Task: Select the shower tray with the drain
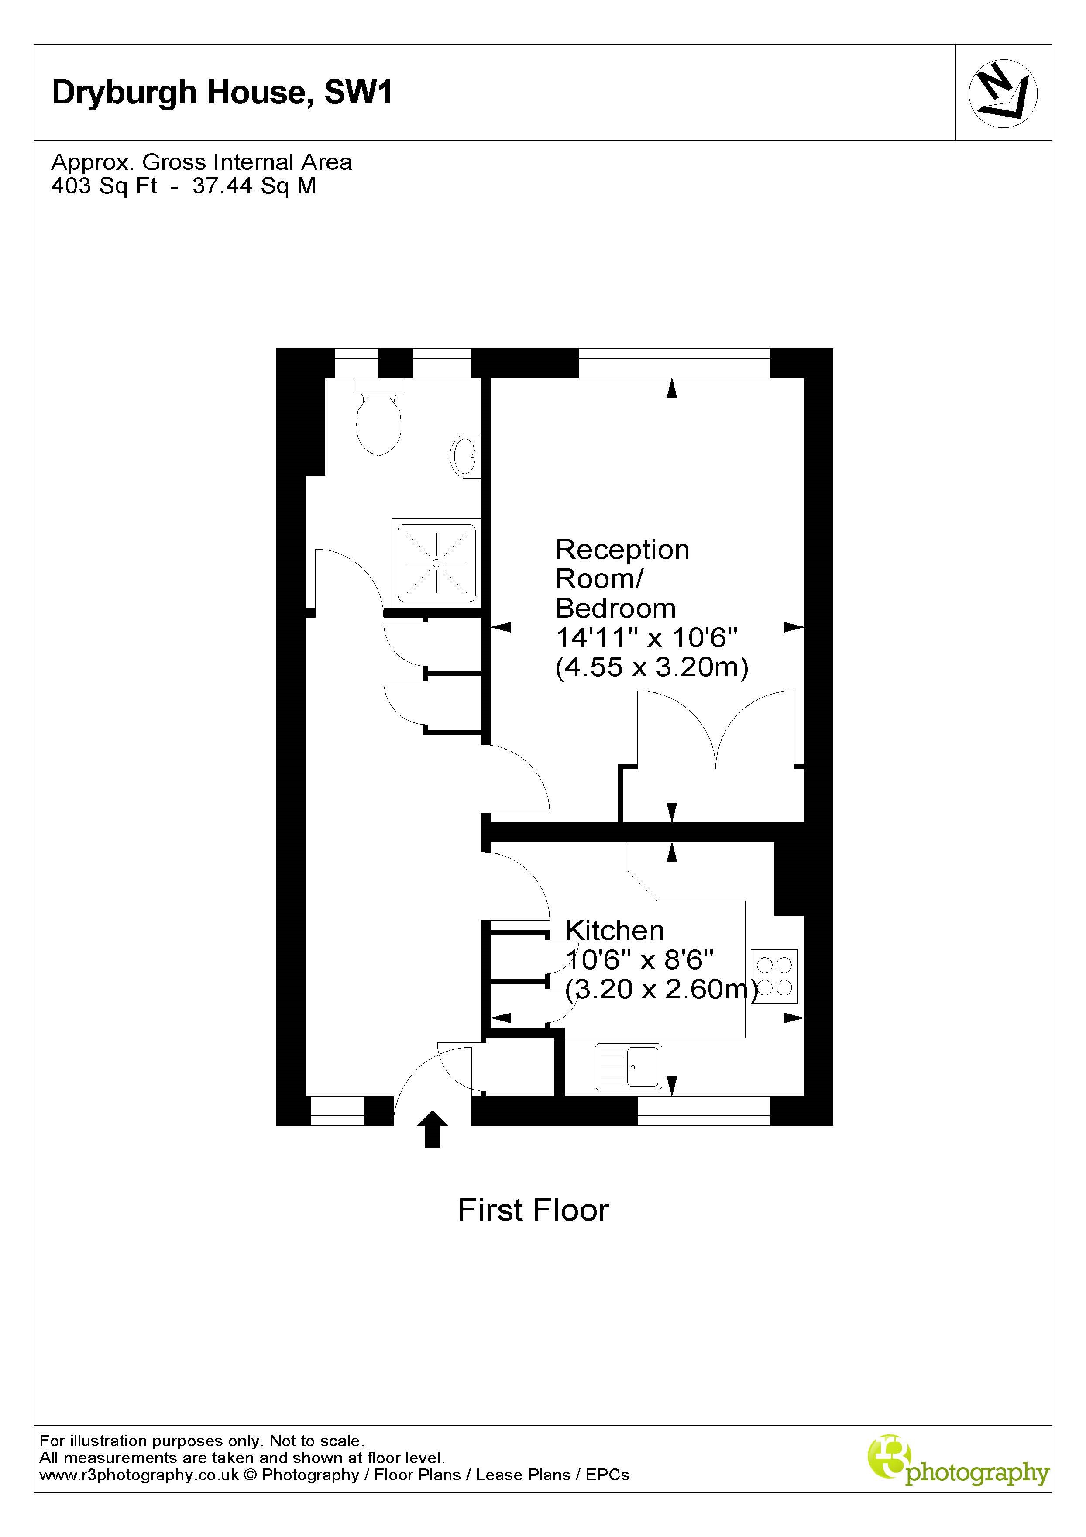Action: (436, 562)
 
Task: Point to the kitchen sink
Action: (628, 1066)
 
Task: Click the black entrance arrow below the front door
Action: (433, 1129)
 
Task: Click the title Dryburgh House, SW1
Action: (222, 93)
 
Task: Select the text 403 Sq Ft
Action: (104, 186)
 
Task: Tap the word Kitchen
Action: (615, 931)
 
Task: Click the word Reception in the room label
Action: (622, 550)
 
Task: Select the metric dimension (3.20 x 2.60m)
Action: (662, 989)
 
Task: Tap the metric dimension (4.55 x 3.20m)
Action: (651, 667)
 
